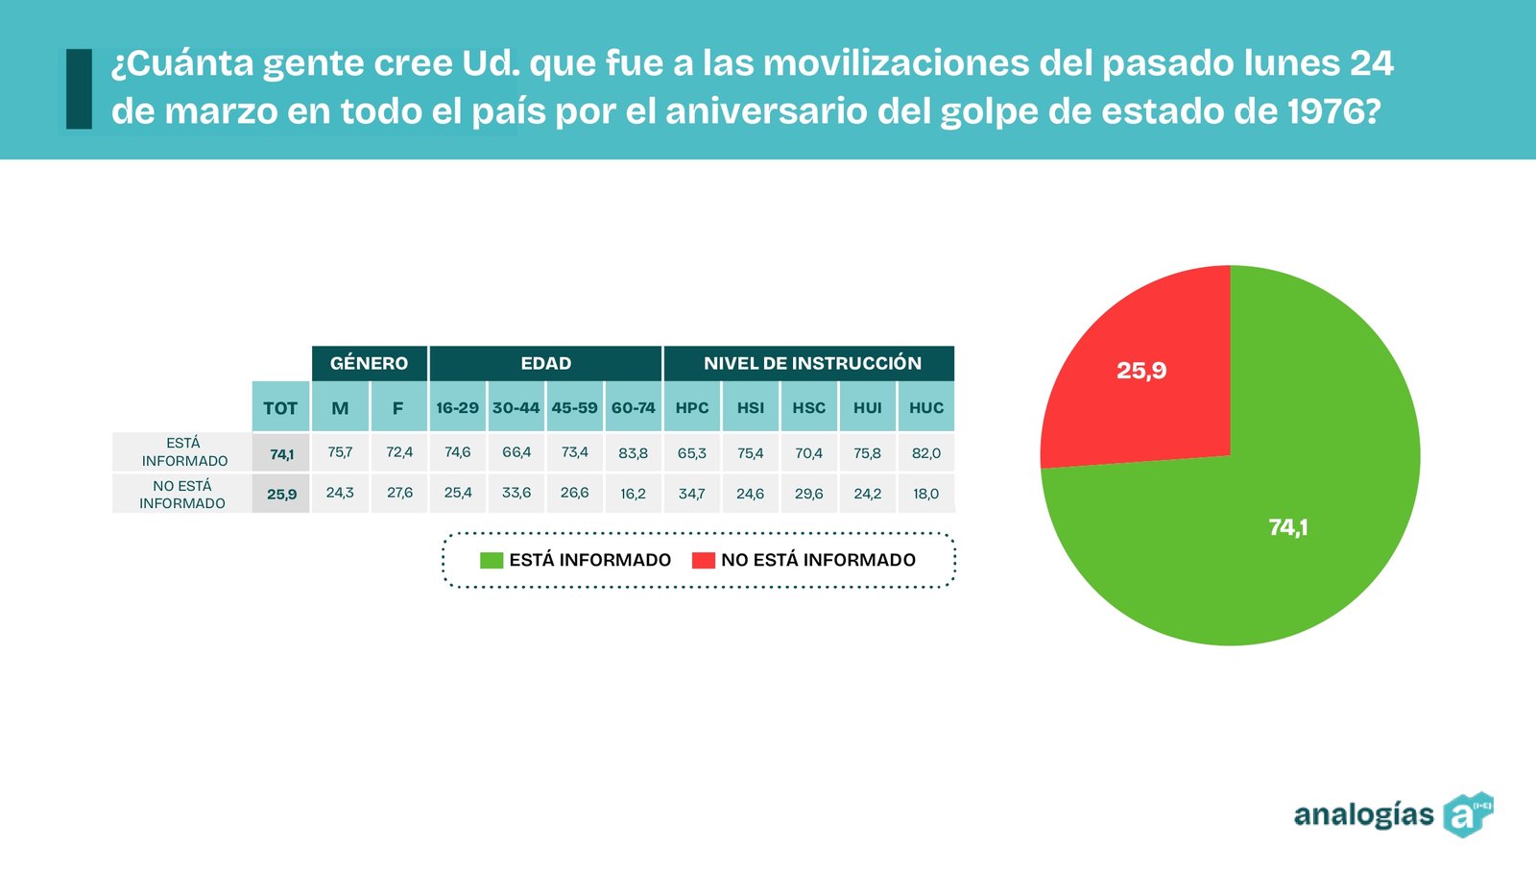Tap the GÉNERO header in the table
click(x=369, y=363)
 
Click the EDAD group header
click(x=546, y=363)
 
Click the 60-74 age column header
click(x=633, y=406)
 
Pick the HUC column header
click(x=925, y=406)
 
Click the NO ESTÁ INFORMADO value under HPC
click(x=692, y=493)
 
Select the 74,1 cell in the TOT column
click(x=281, y=453)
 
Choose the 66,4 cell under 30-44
click(x=516, y=452)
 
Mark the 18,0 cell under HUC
click(x=925, y=493)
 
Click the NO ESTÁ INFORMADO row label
click(x=182, y=494)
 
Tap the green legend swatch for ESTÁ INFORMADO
click(x=492, y=560)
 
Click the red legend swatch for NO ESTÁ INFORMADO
click(x=704, y=560)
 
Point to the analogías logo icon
click(x=1468, y=814)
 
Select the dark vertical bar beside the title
click(x=79, y=88)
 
